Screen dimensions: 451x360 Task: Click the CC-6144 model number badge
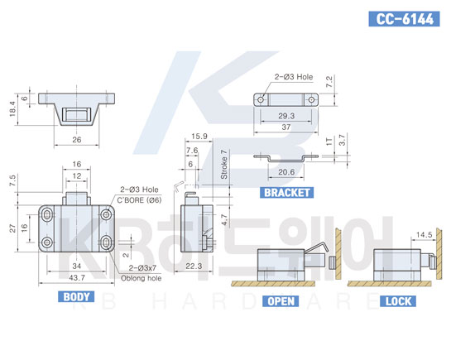tap(404, 19)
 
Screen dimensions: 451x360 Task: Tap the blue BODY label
tap(76, 297)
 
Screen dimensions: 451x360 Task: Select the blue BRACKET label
tap(287, 192)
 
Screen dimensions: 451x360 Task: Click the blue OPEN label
tap(281, 301)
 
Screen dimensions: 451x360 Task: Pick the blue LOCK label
tap(398, 301)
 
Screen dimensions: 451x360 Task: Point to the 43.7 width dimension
tap(77, 278)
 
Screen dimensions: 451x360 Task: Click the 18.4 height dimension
tap(12, 108)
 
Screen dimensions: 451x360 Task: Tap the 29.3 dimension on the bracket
tap(286, 116)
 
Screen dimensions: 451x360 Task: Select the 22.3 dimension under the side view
tap(194, 266)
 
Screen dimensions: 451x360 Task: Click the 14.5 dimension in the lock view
tap(425, 235)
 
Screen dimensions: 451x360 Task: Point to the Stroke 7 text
tap(223, 164)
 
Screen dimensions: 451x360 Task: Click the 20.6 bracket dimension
tap(286, 172)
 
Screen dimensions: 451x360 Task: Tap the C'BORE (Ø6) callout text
tap(139, 200)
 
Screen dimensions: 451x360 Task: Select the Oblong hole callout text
tap(141, 278)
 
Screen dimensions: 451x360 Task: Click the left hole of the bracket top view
tap(261, 100)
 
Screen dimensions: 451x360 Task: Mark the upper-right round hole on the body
tap(107, 215)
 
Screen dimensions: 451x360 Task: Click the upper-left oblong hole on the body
tap(47, 215)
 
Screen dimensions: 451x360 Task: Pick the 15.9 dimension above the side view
tap(199, 137)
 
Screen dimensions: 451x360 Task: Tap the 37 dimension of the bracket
tap(286, 127)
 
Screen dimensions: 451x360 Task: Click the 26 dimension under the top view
tap(76, 140)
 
